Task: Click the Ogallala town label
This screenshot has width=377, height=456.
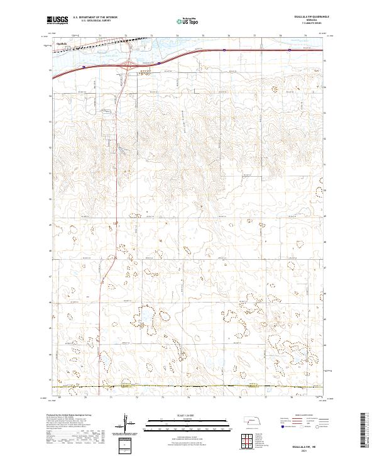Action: pyautogui.click(x=62, y=43)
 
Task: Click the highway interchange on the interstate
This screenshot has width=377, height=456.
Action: pyautogui.click(x=128, y=63)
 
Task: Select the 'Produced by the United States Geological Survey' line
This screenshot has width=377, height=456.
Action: pyautogui.click(x=70, y=415)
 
